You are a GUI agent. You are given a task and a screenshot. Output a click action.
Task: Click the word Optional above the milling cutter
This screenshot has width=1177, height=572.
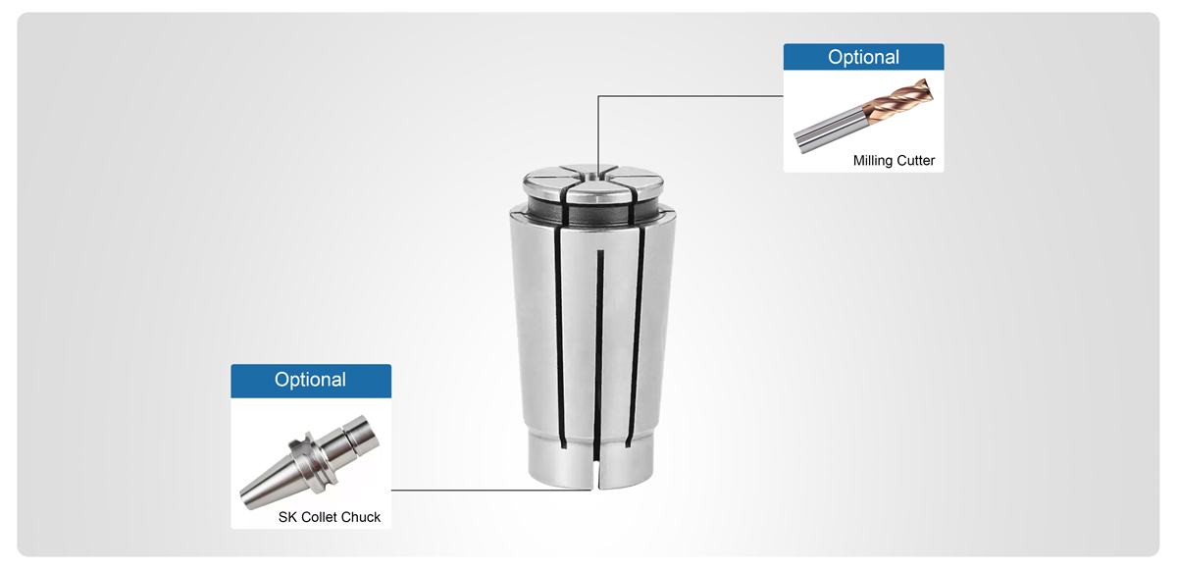coord(863,58)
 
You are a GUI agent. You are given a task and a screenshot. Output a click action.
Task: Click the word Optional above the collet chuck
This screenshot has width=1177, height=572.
coord(310,380)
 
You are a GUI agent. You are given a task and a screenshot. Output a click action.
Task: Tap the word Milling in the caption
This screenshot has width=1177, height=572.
coord(872,160)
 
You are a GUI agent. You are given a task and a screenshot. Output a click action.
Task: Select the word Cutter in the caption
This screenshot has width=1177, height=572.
coord(914,160)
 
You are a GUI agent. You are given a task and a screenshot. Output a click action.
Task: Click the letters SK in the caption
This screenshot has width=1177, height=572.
coord(287,517)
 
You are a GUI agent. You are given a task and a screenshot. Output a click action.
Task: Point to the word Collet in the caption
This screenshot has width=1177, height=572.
coord(319,517)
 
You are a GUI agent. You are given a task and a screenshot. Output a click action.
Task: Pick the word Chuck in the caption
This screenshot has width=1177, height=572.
coord(360,517)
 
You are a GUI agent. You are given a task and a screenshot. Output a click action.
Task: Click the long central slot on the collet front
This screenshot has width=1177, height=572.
coord(597,343)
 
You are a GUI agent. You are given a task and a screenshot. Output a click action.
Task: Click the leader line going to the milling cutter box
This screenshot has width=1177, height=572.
coord(687,96)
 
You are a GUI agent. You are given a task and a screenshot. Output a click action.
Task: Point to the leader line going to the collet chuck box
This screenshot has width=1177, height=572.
coord(490,490)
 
